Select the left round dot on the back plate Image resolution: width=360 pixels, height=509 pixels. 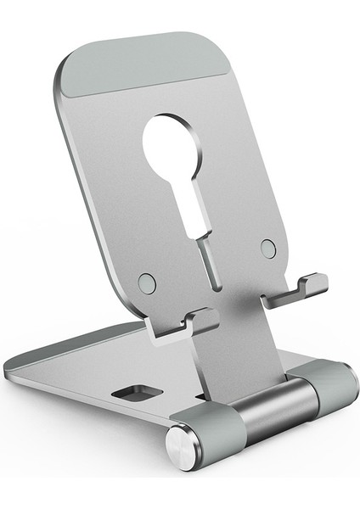147,282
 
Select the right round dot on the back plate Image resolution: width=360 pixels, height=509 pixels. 268,249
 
